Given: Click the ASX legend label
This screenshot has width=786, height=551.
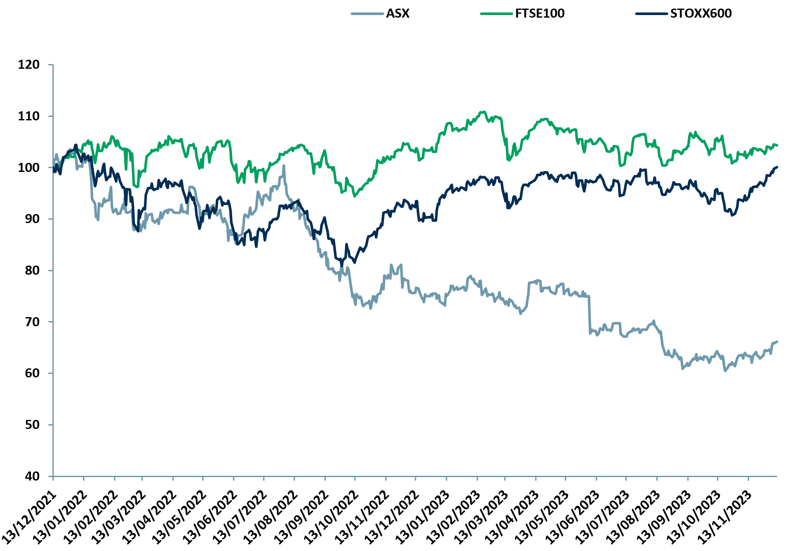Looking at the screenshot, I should (398, 13).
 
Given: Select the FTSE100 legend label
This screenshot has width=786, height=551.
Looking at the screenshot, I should (540, 13).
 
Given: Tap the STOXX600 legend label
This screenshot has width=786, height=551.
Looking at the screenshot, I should (701, 13).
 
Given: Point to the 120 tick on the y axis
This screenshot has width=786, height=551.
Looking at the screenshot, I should (28, 64).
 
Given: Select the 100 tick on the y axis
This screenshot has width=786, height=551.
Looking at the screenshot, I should (28, 168).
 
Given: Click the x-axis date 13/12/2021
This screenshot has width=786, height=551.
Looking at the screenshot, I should (30, 518).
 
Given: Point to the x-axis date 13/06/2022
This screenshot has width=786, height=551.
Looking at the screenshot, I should (211, 518).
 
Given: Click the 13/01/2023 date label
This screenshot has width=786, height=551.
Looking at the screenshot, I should (423, 518).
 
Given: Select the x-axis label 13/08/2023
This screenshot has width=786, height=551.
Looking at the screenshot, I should (634, 518).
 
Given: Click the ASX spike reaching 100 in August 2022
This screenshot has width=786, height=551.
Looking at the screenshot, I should (283, 165).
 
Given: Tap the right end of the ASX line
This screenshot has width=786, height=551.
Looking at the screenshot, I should (777, 342).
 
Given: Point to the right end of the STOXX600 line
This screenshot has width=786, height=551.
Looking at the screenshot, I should (777, 167).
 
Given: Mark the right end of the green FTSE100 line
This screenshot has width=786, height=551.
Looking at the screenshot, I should (777, 145).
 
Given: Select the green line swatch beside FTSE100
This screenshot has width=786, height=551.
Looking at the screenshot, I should (496, 14).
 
